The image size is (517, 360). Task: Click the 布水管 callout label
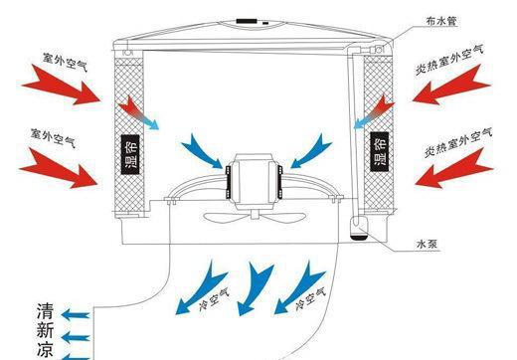(x=441, y=22)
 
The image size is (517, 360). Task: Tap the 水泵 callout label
(x=427, y=245)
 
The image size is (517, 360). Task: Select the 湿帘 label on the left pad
(x=129, y=154)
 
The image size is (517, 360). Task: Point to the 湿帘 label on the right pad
(x=379, y=151)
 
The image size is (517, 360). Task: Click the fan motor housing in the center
(x=254, y=181)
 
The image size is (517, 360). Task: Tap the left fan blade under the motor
(x=226, y=218)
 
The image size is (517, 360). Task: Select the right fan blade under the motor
(x=282, y=218)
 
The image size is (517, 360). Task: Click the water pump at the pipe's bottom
(x=359, y=228)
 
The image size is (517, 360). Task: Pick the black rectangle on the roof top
(x=247, y=21)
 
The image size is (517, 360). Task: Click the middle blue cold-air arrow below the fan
(x=255, y=289)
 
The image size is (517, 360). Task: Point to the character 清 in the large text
(x=45, y=310)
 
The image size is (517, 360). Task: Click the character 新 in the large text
(x=45, y=330)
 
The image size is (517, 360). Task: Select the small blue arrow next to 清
(x=76, y=314)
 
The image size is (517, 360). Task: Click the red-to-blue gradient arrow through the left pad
(x=138, y=112)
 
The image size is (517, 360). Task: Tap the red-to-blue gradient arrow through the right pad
(x=374, y=112)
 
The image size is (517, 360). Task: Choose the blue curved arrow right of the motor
(x=311, y=151)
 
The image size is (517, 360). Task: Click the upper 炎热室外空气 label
(x=449, y=59)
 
